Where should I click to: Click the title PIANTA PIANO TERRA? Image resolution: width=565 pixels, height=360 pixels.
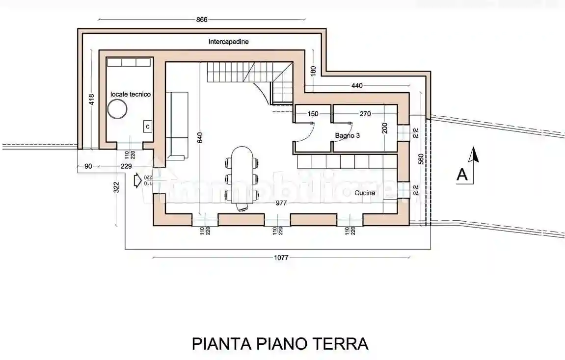(x=280, y=343)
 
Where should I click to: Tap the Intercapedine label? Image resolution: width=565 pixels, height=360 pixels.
(x=228, y=42)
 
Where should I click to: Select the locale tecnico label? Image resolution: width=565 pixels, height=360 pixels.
(x=131, y=94)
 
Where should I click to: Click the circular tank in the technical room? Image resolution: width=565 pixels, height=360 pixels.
(x=118, y=109)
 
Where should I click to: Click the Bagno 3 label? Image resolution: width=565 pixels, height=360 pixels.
(x=348, y=135)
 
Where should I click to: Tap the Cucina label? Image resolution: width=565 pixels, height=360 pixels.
(x=365, y=193)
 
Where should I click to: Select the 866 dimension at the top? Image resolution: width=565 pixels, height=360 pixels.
(x=202, y=20)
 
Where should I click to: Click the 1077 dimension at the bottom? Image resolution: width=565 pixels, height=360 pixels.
(x=281, y=257)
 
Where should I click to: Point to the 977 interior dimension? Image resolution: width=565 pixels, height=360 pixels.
(x=281, y=203)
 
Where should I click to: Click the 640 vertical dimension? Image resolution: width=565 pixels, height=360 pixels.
(x=199, y=139)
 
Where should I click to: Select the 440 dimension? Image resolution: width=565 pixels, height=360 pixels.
(x=357, y=85)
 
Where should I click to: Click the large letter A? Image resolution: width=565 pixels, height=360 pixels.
(x=462, y=175)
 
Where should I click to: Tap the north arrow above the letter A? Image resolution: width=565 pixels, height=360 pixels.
(x=473, y=156)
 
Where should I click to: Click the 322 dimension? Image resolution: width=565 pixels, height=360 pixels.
(x=117, y=187)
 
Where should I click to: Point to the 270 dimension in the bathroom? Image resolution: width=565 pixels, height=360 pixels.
(x=365, y=114)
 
